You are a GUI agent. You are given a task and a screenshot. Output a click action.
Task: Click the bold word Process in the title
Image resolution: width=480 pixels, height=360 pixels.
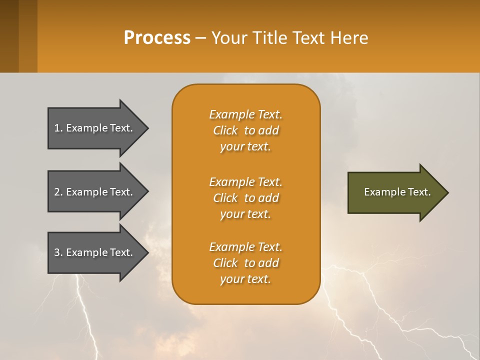click(x=157, y=38)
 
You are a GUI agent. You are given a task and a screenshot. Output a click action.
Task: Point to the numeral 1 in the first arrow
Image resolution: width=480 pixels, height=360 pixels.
click(x=57, y=128)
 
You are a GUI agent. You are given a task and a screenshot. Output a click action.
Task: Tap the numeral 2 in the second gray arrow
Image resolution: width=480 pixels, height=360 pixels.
click(x=57, y=192)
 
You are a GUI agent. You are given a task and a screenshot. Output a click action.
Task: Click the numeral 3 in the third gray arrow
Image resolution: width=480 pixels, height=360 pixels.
click(x=57, y=252)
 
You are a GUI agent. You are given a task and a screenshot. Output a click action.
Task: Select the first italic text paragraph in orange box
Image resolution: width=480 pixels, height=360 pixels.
click(x=245, y=130)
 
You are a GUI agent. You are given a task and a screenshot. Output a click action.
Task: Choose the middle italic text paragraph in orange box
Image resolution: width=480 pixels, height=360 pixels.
click(x=245, y=198)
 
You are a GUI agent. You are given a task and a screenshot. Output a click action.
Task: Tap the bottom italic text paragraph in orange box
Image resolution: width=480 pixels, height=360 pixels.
click(x=245, y=263)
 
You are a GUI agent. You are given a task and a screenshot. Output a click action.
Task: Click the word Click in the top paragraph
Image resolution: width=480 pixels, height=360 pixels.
click(x=225, y=130)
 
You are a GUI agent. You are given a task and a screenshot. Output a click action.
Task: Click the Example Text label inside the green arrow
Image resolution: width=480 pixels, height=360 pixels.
click(x=397, y=192)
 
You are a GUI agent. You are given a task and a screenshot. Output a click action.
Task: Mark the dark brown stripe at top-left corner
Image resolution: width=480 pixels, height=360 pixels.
click(x=9, y=36)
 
